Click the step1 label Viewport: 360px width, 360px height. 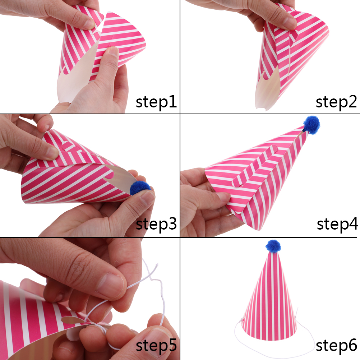coord(156,102)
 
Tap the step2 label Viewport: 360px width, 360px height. coord(336,102)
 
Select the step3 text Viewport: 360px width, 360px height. coord(156,224)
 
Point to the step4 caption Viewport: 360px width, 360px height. coord(337,224)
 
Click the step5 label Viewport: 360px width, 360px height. coord(156,346)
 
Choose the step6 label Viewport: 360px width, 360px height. coord(336,346)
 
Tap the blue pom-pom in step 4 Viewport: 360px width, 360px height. coord(311,124)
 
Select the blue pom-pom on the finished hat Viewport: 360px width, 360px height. coord(273,246)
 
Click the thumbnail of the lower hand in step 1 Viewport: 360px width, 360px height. coord(113,52)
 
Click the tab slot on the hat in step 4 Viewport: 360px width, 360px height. coord(255,166)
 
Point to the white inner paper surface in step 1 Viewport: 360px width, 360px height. coord(73,76)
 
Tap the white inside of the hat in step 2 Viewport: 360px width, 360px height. coord(267,89)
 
